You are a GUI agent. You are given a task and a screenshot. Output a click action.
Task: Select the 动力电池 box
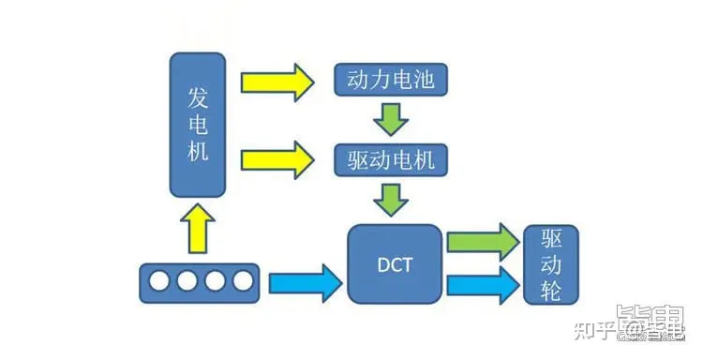[x=391, y=82]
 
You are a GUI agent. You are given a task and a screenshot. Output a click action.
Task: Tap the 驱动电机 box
[x=391, y=159]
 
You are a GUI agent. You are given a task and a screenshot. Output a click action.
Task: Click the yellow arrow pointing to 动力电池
[x=277, y=82]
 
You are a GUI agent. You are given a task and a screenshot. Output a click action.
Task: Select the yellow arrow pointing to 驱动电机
[x=277, y=158]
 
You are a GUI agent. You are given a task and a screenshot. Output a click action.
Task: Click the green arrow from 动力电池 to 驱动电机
[x=391, y=120]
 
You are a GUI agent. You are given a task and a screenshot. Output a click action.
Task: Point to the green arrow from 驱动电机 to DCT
[x=391, y=199]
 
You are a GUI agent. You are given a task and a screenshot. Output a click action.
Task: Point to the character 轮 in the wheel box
[x=552, y=292]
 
